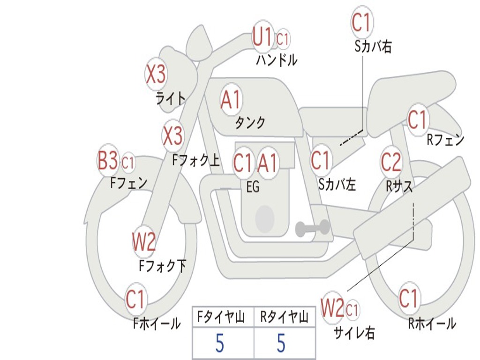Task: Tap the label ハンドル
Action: point(277,60)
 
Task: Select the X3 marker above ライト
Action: point(156,74)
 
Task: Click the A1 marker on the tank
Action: point(231,100)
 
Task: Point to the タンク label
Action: point(250,122)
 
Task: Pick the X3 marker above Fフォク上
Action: point(172,136)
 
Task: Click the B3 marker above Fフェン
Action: point(108,161)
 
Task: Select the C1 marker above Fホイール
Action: point(136,300)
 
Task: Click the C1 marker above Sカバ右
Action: point(362,22)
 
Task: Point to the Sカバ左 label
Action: point(337,184)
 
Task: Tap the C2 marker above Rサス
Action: point(391,162)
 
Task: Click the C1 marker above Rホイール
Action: point(409,298)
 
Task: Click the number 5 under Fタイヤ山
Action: point(220,344)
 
